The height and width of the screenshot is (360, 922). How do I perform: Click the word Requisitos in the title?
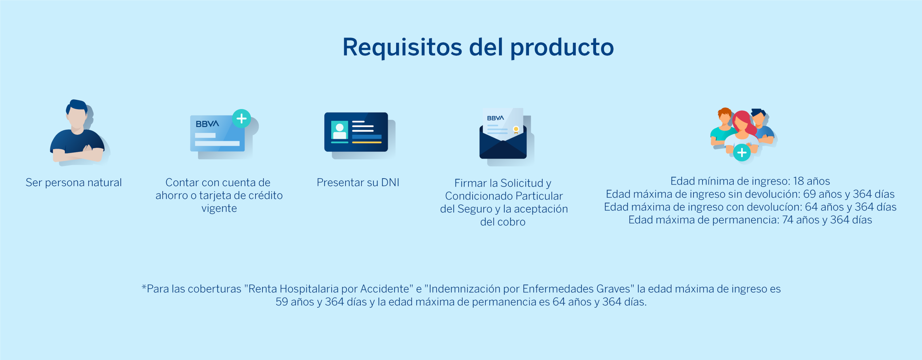click(x=402, y=47)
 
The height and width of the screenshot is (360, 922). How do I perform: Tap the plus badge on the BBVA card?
click(x=242, y=118)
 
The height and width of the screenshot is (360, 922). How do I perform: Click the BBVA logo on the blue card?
click(x=207, y=124)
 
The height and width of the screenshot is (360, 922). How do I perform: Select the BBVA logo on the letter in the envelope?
click(x=495, y=118)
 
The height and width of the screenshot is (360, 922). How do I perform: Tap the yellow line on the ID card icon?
click(x=367, y=143)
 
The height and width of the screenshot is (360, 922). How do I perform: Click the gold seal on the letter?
click(x=516, y=129)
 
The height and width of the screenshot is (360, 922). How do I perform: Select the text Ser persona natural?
click(x=74, y=183)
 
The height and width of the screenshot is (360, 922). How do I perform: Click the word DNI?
click(x=390, y=183)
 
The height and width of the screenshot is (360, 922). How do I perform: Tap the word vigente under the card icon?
click(x=219, y=208)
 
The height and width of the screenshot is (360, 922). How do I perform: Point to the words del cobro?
click(x=503, y=222)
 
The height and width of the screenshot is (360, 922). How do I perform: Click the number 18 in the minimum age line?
click(x=798, y=181)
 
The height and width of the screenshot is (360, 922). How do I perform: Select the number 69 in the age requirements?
click(x=809, y=194)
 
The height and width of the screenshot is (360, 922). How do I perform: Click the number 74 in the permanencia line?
click(x=788, y=220)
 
